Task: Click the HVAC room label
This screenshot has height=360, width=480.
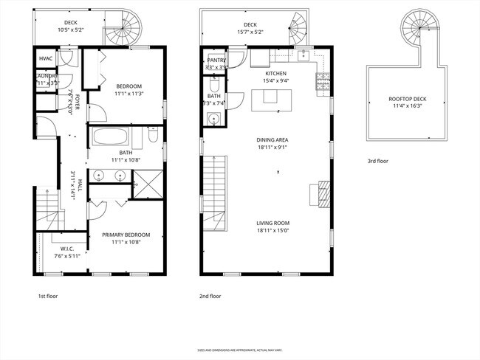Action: point(46,59)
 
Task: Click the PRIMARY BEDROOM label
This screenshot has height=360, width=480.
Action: point(126,235)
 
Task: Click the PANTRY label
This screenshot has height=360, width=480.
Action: point(216,60)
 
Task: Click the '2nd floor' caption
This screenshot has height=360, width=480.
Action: point(210,296)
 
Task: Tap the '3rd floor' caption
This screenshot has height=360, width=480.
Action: point(378,160)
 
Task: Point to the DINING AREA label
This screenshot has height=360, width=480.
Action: point(272,139)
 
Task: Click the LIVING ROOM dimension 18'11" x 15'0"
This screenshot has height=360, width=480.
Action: point(272,229)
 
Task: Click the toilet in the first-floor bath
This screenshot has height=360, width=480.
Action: point(152,136)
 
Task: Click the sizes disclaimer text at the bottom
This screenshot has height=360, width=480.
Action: point(240,350)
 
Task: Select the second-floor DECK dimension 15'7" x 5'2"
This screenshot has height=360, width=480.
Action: point(250,32)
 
